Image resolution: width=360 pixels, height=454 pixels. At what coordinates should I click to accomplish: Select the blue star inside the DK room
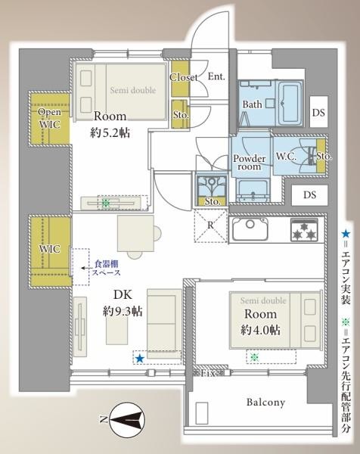138,359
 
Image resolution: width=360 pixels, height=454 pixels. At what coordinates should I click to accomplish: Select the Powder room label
249,163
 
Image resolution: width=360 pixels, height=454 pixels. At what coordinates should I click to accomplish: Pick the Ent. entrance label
217,76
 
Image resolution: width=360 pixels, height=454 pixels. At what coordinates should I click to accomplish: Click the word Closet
184,77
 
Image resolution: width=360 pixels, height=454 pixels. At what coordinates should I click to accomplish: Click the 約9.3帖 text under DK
123,310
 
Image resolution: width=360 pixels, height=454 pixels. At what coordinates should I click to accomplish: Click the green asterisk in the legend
346,320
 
